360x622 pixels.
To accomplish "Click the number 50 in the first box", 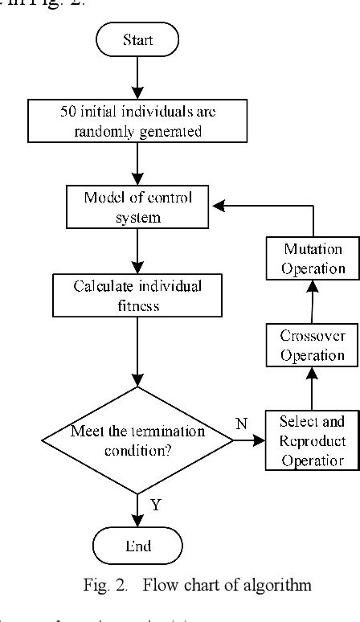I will (68, 112).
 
